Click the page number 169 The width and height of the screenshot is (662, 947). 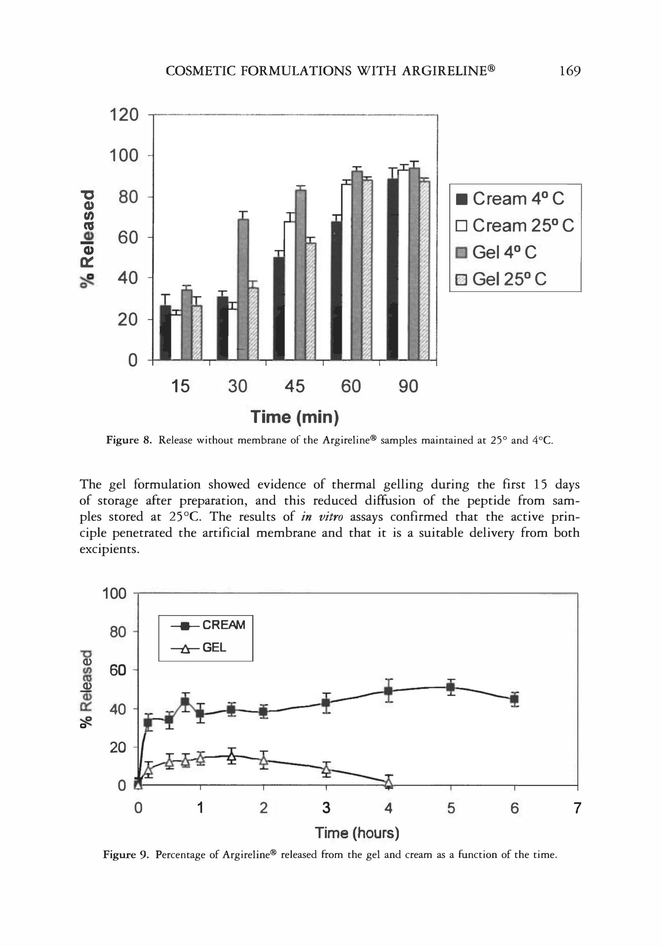[570, 71]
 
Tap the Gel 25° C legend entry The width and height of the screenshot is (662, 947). [501, 280]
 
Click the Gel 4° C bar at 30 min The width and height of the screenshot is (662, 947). [243, 289]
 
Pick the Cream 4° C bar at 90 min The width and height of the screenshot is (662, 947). [393, 268]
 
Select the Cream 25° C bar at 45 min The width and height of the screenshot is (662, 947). [289, 290]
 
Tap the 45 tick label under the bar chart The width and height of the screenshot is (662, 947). [294, 387]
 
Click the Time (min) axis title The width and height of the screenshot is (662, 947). [294, 416]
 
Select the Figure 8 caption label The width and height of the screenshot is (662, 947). [129, 440]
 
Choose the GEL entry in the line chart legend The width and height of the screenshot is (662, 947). [199, 648]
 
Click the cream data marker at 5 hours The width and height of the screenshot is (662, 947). [451, 688]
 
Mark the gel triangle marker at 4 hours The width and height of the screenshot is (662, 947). [388, 782]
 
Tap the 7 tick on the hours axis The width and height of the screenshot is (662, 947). [577, 808]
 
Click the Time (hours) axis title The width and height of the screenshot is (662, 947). [357, 833]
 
